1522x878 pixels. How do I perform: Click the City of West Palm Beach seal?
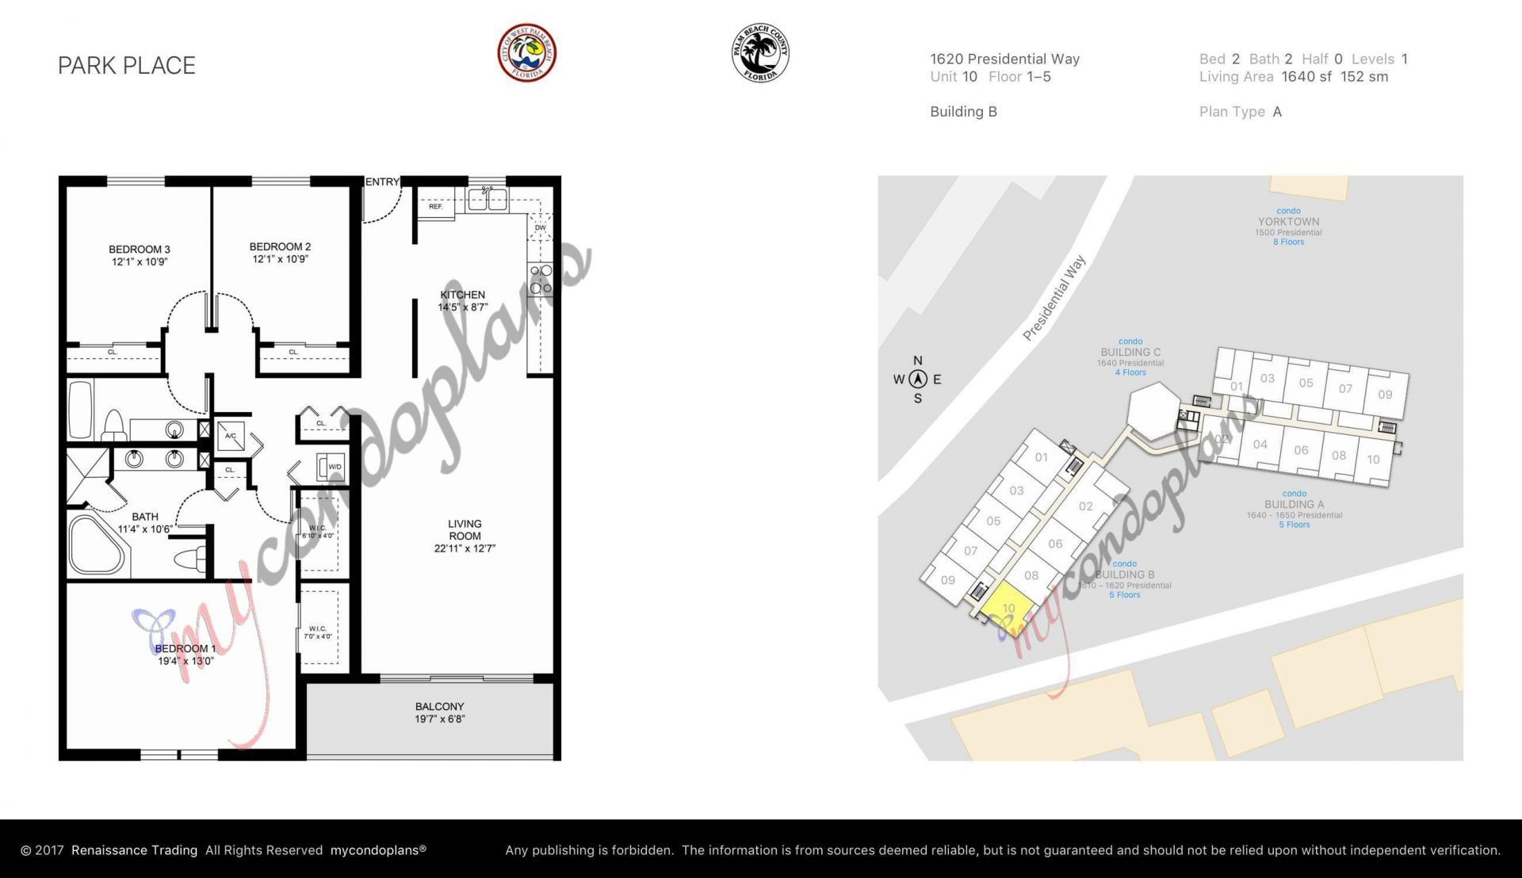point(526,52)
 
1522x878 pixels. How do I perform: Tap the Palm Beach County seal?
point(759,53)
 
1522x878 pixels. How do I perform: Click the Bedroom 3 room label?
point(140,255)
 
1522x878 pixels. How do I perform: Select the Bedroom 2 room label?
point(280,253)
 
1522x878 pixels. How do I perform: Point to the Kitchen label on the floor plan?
point(463,300)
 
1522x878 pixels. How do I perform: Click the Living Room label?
point(465,536)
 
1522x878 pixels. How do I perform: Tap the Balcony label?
point(439,712)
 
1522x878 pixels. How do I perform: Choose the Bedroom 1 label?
point(185,655)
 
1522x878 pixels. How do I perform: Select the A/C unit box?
point(231,436)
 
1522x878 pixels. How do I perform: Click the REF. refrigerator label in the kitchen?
point(435,207)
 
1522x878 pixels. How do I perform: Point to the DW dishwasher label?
point(540,228)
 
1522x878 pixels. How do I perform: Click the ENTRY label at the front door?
point(382,182)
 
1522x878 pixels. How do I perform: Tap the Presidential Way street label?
point(1054,298)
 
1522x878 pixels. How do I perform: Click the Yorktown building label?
point(1288,222)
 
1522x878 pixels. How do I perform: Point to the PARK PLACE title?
point(127,66)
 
